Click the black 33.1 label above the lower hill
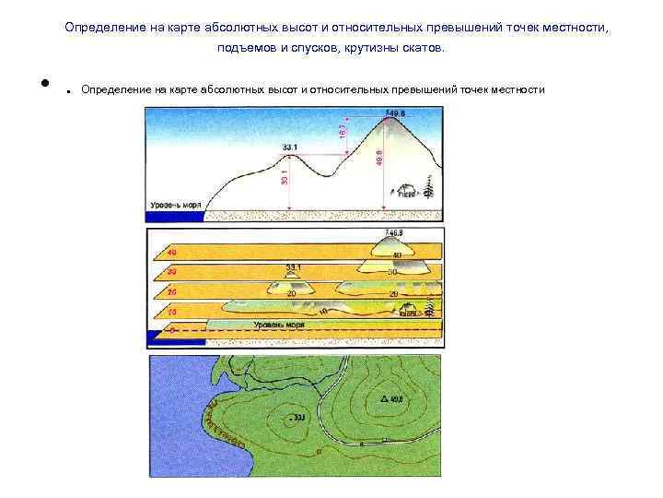pos(291,148)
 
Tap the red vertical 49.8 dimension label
pos(378,160)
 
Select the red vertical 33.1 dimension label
pos(284,174)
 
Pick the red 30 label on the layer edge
pos(170,273)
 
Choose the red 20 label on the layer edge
pos(170,293)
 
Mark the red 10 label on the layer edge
pos(170,313)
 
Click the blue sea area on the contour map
pos(180,406)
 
